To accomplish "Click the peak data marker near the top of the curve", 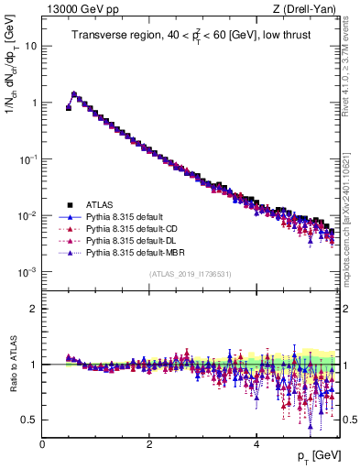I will coord(74,93).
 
